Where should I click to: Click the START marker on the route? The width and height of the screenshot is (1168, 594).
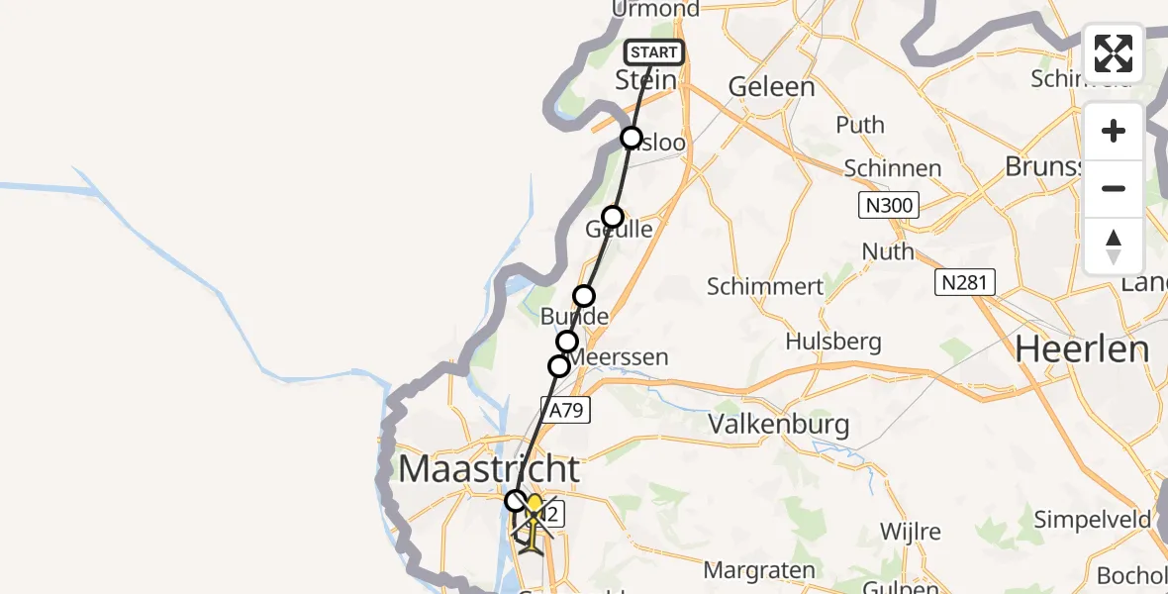click(x=653, y=52)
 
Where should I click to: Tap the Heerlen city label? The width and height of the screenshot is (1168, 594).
click(x=1083, y=349)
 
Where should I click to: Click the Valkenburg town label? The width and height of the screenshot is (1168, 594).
click(x=779, y=425)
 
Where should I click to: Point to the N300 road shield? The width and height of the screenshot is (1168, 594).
click(x=888, y=206)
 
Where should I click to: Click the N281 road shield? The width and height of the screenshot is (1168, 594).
click(x=965, y=283)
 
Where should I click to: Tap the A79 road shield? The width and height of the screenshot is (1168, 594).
click(x=566, y=408)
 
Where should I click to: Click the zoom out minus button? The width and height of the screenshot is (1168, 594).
click(x=1114, y=188)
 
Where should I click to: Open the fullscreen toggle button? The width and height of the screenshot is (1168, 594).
click(x=1114, y=53)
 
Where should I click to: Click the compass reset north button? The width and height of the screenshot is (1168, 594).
click(x=1114, y=247)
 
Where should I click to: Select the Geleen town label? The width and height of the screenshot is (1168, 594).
click(x=772, y=87)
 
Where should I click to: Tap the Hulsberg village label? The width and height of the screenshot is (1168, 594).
click(x=832, y=342)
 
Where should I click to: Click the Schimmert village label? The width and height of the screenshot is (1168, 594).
click(x=765, y=287)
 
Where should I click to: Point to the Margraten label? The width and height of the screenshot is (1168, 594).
click(x=759, y=570)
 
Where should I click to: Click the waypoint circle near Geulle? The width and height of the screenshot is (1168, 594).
click(x=613, y=217)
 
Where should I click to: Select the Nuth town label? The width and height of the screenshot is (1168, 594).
click(x=888, y=251)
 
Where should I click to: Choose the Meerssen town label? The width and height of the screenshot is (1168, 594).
click(x=621, y=356)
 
